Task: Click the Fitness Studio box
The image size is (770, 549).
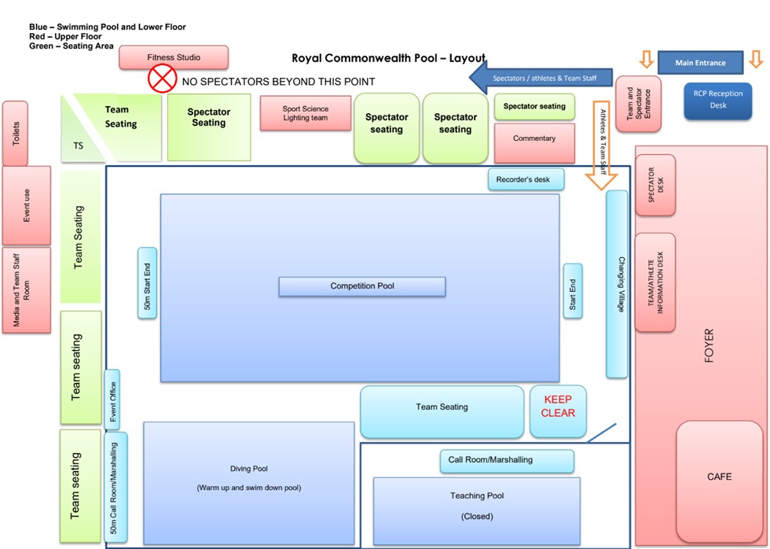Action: pos(174,57)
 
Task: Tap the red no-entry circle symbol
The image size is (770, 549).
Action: pos(163,79)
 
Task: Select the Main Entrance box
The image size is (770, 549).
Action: pos(701,62)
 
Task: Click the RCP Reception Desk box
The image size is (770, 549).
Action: pos(717,100)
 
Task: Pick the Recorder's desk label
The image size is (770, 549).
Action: pos(526,179)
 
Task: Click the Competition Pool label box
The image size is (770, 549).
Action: pos(362,286)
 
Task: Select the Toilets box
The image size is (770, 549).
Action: pos(15,133)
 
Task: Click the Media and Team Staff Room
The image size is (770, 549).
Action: pos(26,289)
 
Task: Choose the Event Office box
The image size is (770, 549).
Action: pos(112,400)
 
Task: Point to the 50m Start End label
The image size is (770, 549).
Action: pos(148,283)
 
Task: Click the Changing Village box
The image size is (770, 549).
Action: pos(617,283)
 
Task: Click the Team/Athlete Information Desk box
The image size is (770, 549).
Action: pos(654,282)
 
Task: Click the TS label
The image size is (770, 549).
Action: pos(79,146)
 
